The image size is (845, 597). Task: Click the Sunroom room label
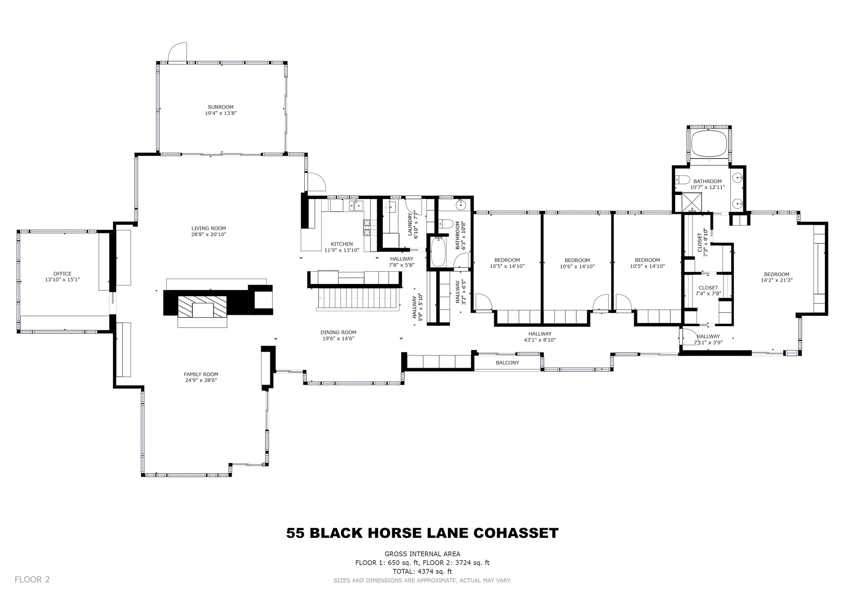(x=221, y=107)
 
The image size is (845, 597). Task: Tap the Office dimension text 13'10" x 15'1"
(x=62, y=279)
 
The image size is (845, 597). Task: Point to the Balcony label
(x=507, y=363)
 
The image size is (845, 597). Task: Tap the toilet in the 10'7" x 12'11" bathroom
(x=682, y=180)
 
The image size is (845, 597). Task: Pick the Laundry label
(x=410, y=224)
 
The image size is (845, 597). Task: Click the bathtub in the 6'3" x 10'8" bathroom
(x=438, y=252)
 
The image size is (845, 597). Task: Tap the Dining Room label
(x=338, y=332)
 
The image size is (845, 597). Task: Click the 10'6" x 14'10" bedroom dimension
(x=577, y=266)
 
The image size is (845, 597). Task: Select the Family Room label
(x=201, y=374)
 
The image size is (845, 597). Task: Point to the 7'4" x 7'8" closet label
(x=708, y=294)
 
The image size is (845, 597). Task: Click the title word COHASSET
(x=516, y=533)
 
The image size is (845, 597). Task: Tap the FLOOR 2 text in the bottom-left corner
(x=32, y=580)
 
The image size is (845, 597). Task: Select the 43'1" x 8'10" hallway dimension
(x=540, y=340)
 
